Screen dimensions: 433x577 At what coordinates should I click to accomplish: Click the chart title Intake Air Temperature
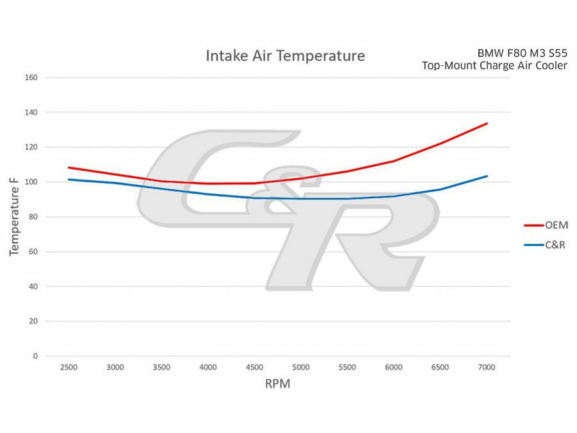(x=285, y=56)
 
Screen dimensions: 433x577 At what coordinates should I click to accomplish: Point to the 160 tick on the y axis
(x=31, y=78)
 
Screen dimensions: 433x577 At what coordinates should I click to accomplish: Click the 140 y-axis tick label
(x=31, y=112)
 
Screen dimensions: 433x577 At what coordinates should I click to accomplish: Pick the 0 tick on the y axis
(x=36, y=355)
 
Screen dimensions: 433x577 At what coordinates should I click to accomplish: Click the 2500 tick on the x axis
(x=69, y=367)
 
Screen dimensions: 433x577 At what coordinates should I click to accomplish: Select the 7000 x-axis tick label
(x=487, y=367)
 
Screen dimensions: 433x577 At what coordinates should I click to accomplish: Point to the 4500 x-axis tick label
(x=255, y=367)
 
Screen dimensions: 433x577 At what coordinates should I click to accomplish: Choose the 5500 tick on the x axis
(x=347, y=367)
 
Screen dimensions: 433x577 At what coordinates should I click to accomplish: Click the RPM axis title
(x=278, y=385)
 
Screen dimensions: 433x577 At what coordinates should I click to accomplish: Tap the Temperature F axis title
(x=14, y=216)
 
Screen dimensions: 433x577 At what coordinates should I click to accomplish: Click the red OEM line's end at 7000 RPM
(x=487, y=123)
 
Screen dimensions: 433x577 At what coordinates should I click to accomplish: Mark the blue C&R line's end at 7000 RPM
(x=487, y=176)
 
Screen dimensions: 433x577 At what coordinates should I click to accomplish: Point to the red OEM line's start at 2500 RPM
(x=69, y=167)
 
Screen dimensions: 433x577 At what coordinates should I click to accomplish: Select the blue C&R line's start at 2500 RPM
(x=69, y=180)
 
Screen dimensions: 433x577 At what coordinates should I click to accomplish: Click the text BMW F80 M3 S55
(x=523, y=53)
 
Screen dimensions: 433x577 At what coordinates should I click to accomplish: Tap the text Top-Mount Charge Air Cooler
(x=494, y=65)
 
